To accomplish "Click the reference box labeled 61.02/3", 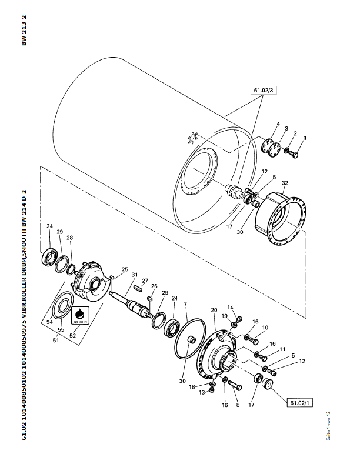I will (x=264, y=91).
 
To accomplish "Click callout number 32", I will (x=285, y=183).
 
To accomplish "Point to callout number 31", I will (x=135, y=275).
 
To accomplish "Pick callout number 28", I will (x=70, y=238).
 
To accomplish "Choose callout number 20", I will (x=214, y=310).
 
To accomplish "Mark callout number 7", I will (x=185, y=304).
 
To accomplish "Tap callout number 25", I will (x=124, y=270).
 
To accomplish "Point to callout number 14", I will (x=231, y=308).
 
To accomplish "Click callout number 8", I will (x=237, y=405).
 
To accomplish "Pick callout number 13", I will (x=202, y=392).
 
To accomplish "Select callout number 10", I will (x=265, y=328).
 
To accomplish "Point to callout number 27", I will (x=145, y=281).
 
